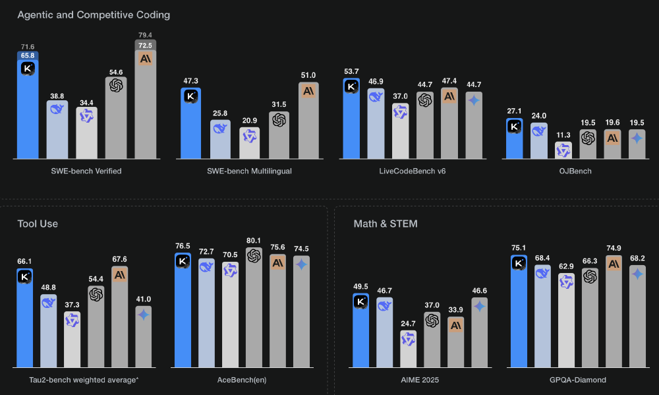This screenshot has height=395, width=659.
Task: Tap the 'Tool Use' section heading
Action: coord(38,224)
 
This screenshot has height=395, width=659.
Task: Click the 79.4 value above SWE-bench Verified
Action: coord(146,35)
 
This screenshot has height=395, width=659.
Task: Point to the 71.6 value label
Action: coord(28,47)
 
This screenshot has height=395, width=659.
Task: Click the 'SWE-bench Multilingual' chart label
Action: coord(250,171)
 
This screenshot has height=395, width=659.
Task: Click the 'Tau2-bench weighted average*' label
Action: coord(84,380)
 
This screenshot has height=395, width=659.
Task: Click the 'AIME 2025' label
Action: coord(420,380)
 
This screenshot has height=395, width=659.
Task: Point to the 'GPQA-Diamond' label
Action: coord(579,380)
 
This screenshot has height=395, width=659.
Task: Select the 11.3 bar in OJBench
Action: coord(563,150)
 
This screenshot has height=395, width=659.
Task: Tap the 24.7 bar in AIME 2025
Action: coord(409,349)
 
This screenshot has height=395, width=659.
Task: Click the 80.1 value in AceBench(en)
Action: coord(254,241)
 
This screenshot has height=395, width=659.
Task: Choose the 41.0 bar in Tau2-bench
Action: coord(144,336)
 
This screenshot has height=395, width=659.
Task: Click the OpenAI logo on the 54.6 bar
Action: coord(117,86)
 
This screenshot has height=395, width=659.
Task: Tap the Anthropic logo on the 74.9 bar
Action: coord(614,264)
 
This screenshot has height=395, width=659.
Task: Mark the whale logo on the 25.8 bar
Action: coord(220,129)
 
